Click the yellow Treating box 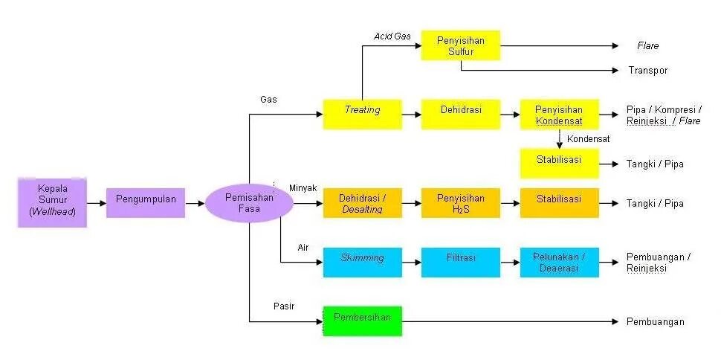pyautogui.click(x=362, y=114)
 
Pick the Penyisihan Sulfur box pyautogui.click(x=461, y=45)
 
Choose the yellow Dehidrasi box pyautogui.click(x=461, y=114)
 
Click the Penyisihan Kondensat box pyautogui.click(x=559, y=114)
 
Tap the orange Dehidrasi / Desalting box pyautogui.click(x=362, y=203)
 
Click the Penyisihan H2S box pyautogui.click(x=461, y=203)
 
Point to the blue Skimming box pyautogui.click(x=362, y=262)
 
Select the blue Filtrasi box pyautogui.click(x=461, y=262)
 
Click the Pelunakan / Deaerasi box pyautogui.click(x=559, y=262)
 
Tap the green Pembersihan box pyautogui.click(x=362, y=321)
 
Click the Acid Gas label pyautogui.click(x=392, y=36)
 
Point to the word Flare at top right pyautogui.click(x=647, y=46)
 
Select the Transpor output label pyautogui.click(x=648, y=71)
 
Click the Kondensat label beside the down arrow pyautogui.click(x=588, y=139)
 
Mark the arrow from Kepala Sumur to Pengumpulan pyautogui.click(x=96, y=202)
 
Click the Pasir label pyautogui.click(x=282, y=306)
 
